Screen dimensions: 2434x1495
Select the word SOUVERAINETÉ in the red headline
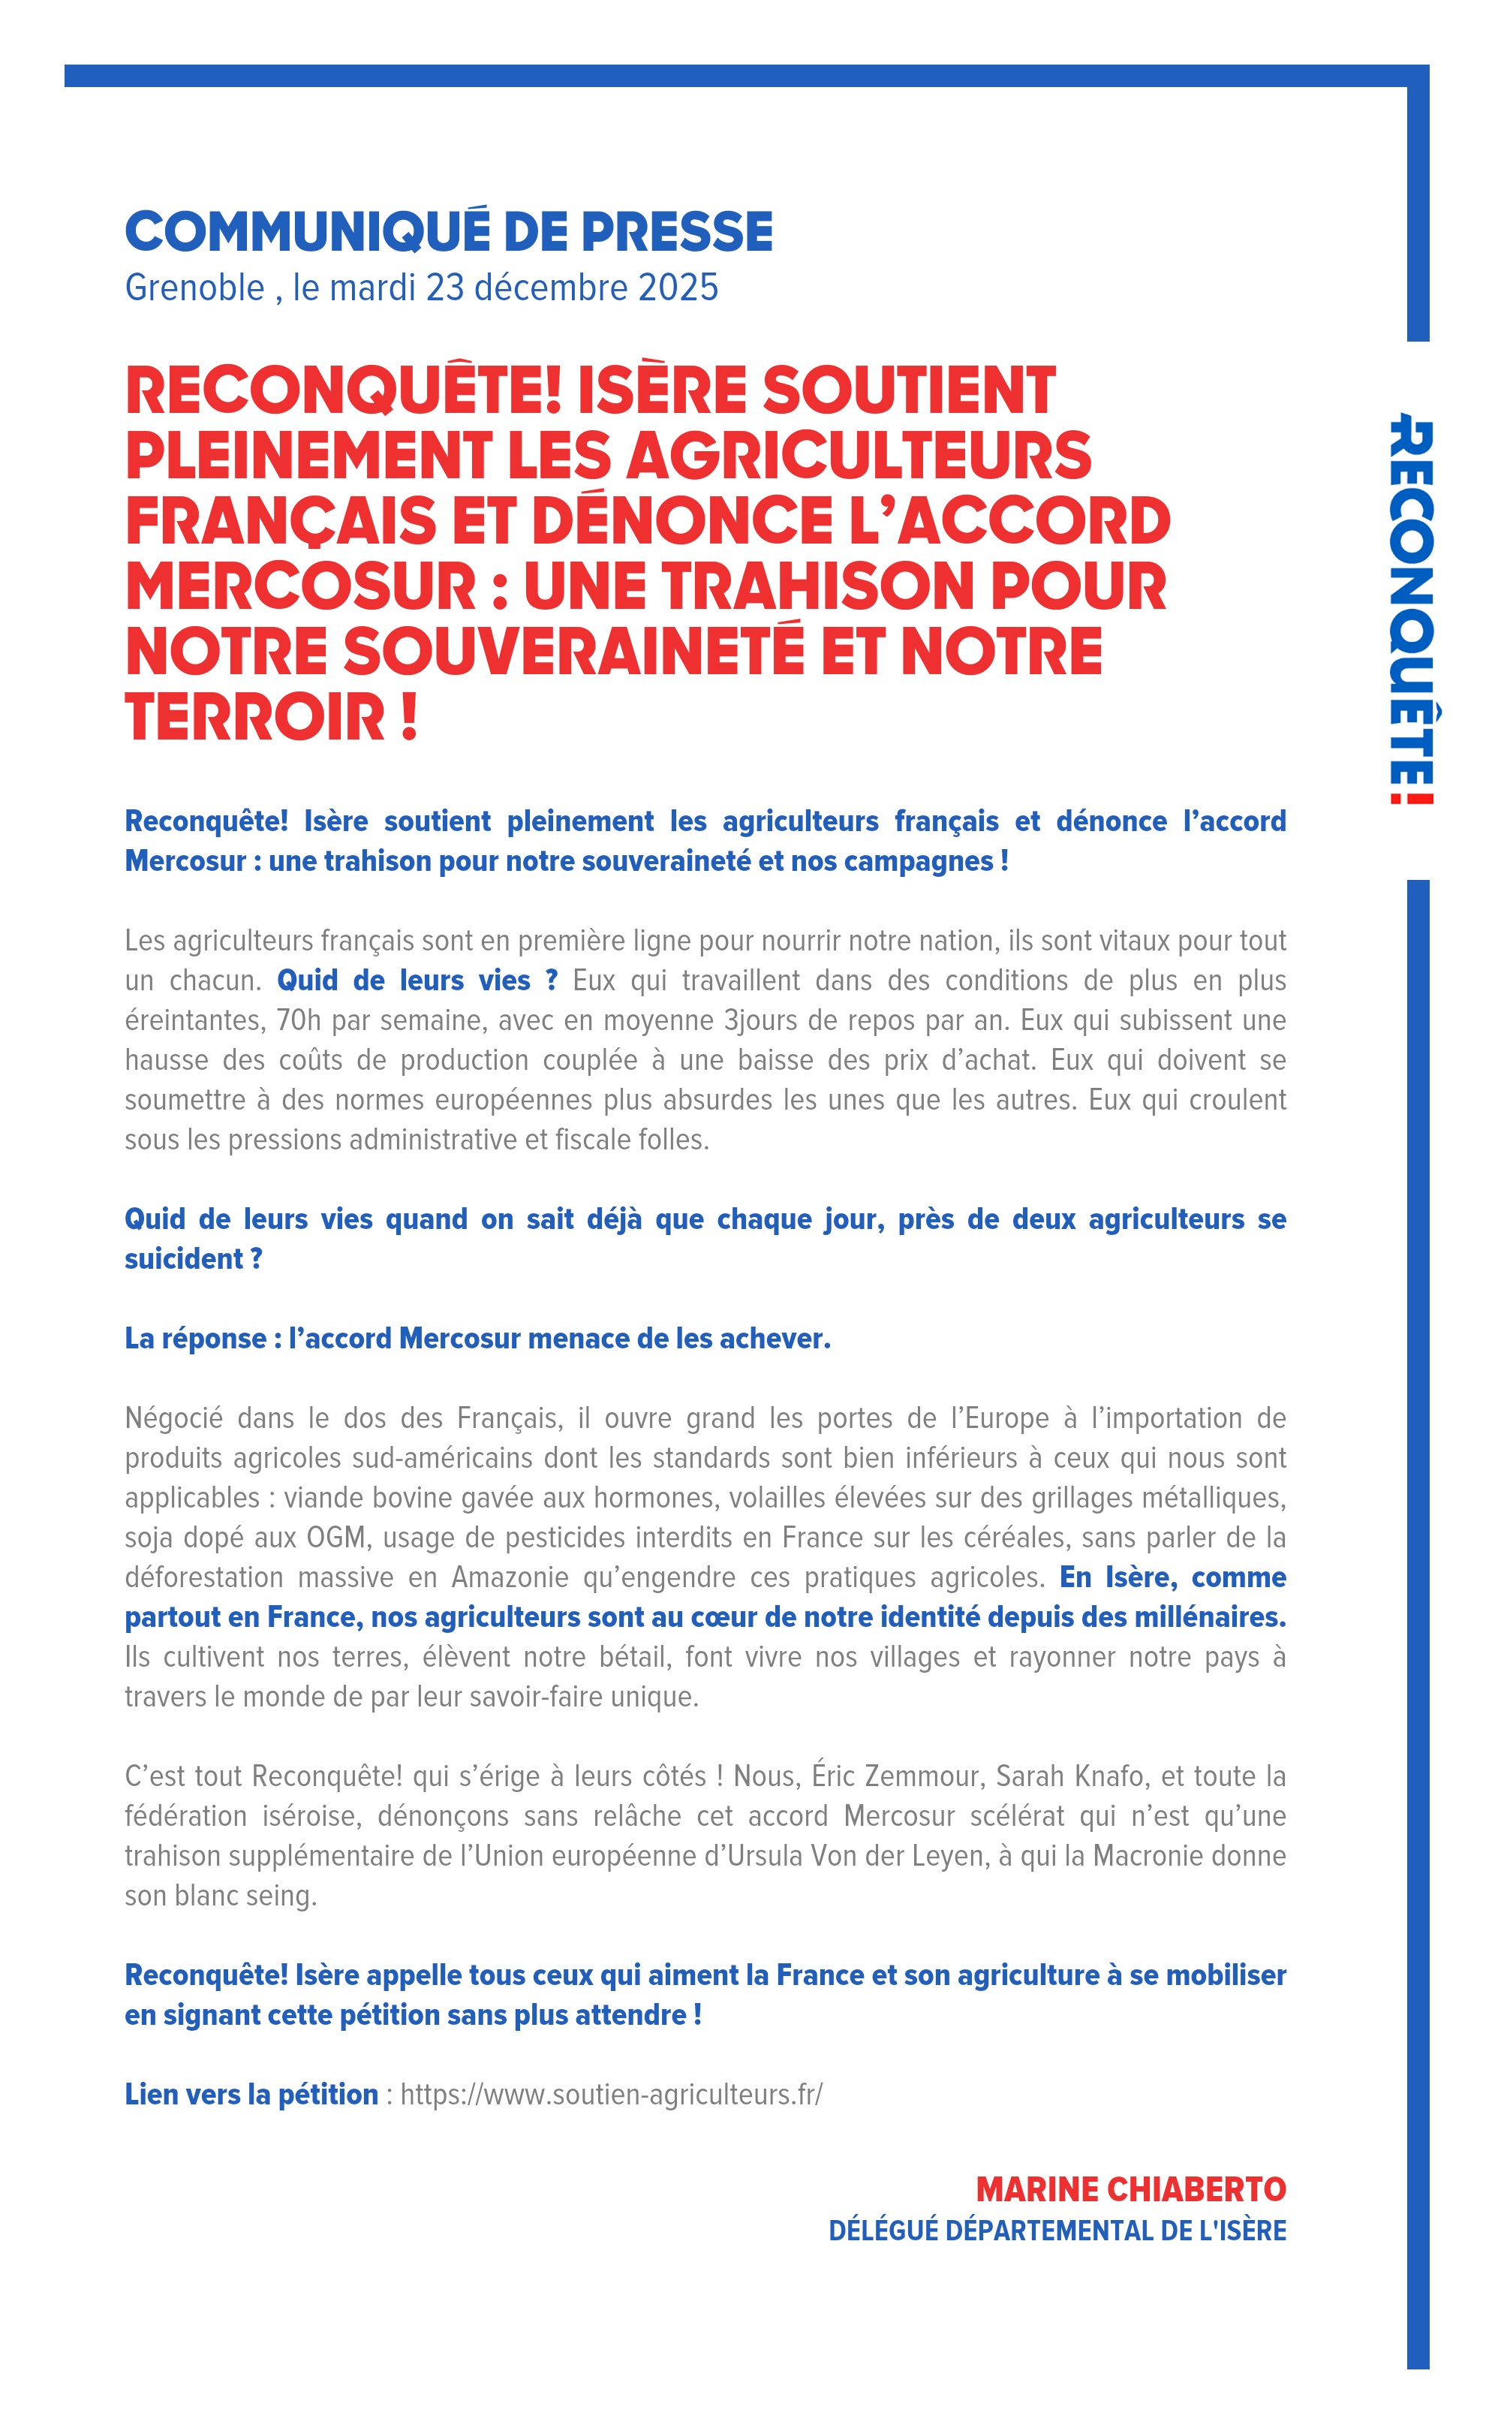coord(573,652)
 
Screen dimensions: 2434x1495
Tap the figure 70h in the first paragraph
coord(299,1020)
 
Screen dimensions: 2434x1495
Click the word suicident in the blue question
coord(183,1259)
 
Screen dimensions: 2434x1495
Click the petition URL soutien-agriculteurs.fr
coord(611,2095)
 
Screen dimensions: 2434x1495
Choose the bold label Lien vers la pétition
coord(251,2095)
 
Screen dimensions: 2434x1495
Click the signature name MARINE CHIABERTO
coord(1130,2190)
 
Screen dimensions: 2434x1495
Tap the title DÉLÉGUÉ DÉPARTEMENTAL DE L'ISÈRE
coord(1057,2231)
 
